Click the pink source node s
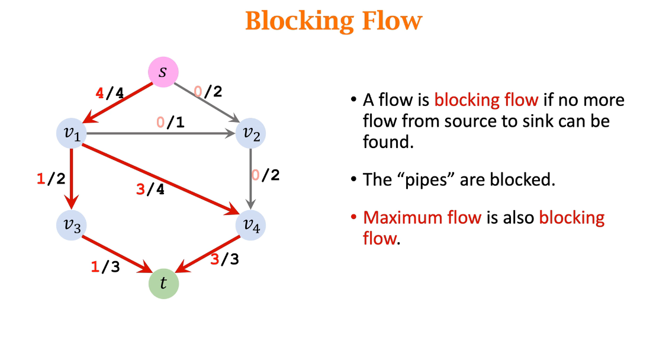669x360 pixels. (162, 73)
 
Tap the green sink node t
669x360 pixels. (163, 284)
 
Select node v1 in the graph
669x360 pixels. (72, 134)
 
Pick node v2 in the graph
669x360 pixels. (250, 134)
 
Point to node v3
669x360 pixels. (72, 224)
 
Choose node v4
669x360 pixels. (250, 224)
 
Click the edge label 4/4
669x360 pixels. (110, 93)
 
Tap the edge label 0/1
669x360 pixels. (171, 123)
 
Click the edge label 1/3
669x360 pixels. (105, 267)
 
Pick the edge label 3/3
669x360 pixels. (225, 259)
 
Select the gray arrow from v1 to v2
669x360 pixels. (160, 134)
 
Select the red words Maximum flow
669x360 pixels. (422, 217)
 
